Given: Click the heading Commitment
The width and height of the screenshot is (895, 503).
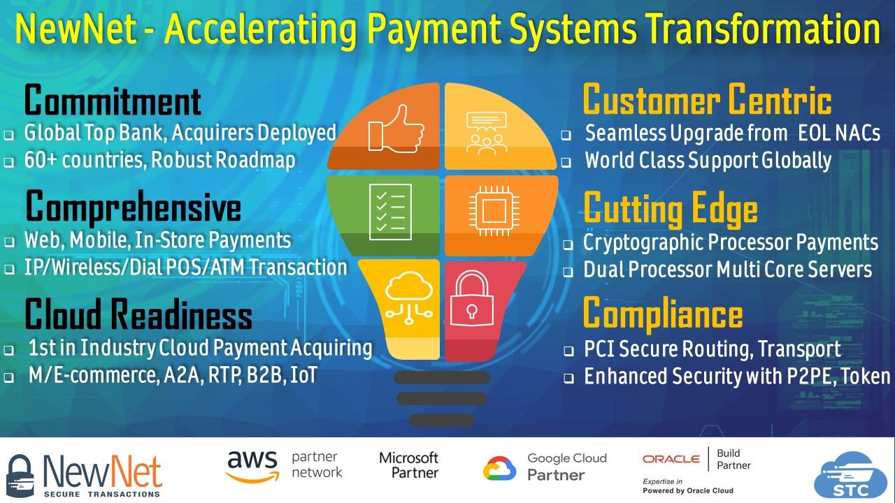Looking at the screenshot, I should click(x=113, y=101).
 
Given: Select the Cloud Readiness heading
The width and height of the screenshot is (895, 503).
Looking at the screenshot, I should click(x=138, y=315).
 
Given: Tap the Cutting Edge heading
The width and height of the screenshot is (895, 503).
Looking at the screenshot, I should click(x=670, y=209).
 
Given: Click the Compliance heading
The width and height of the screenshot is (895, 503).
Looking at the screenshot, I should click(x=662, y=314).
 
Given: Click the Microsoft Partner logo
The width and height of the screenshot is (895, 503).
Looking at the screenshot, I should click(x=409, y=465).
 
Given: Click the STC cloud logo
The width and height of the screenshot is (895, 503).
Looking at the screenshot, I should click(x=850, y=476).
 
